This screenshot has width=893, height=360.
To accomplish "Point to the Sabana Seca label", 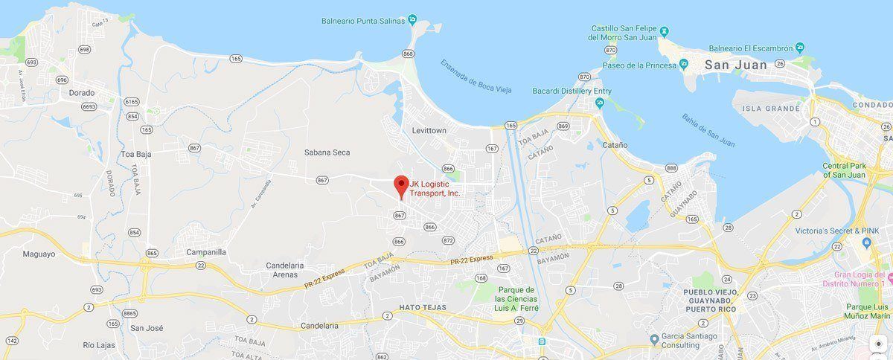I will pyautogui.click(x=327, y=152).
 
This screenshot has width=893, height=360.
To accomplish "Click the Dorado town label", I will pyautogui.click(x=82, y=93).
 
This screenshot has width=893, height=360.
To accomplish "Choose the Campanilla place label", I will pyautogui.click(x=205, y=252).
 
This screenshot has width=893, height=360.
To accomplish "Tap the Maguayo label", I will pyautogui.click(x=39, y=254).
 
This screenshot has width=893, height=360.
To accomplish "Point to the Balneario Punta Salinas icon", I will pyautogui.click(x=412, y=21).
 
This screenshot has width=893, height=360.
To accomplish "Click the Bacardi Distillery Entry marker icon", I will pyautogui.click(x=600, y=104).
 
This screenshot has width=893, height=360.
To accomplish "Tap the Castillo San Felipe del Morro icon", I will pyautogui.click(x=665, y=31).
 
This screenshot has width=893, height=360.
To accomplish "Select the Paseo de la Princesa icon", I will pyautogui.click(x=683, y=65).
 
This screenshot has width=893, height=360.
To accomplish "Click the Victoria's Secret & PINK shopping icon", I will pyautogui.click(x=865, y=243).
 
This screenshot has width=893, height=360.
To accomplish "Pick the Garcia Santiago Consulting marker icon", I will pyautogui.click(x=654, y=339).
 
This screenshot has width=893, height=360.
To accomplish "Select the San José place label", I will pyautogui.click(x=146, y=327).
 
